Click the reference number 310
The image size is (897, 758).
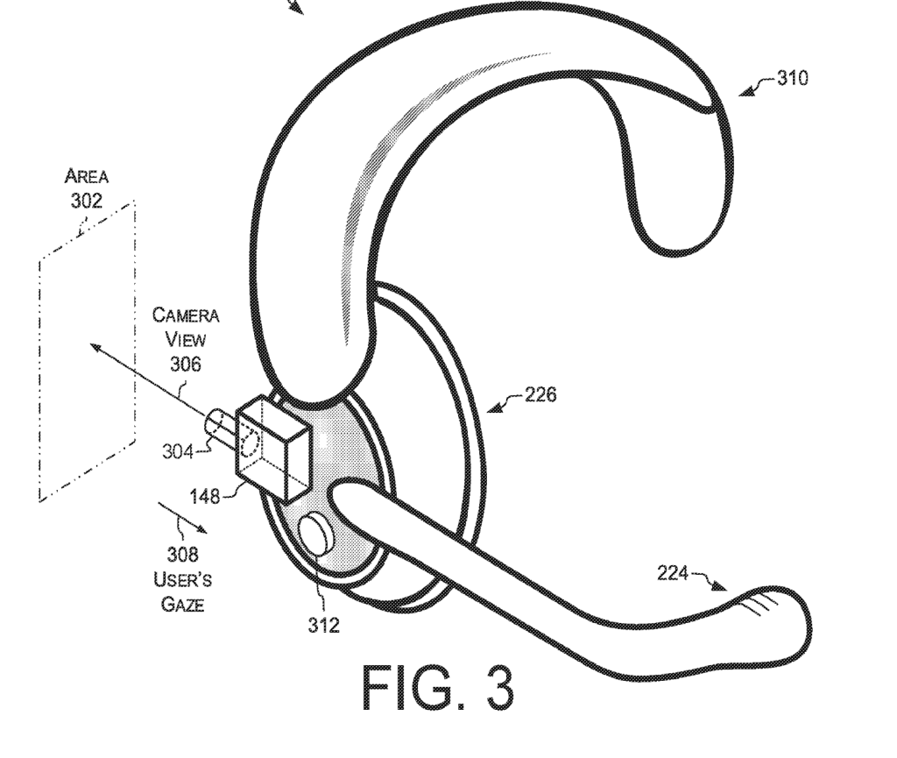[x=793, y=80]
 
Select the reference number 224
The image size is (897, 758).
[x=674, y=574]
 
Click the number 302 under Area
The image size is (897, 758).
[x=86, y=201]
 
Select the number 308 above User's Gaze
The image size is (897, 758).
[x=182, y=554]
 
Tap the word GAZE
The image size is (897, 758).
[x=182, y=605]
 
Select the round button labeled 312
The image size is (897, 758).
[x=315, y=535]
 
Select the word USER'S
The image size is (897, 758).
[x=182, y=579]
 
